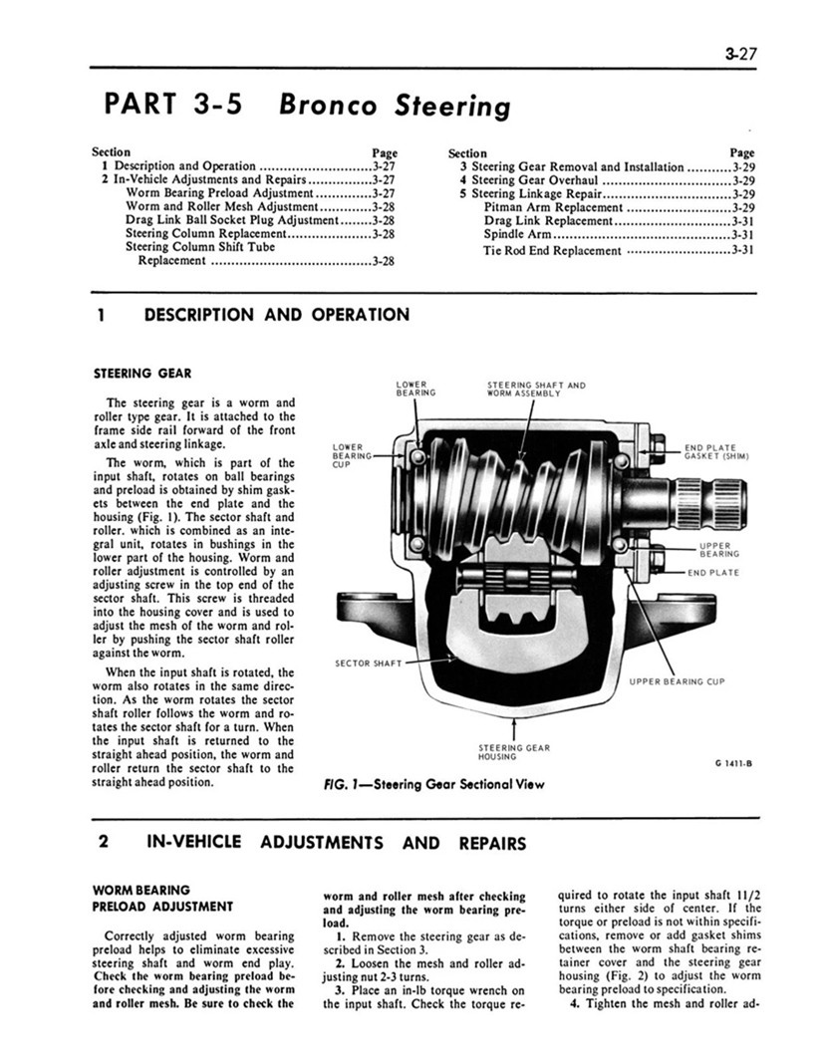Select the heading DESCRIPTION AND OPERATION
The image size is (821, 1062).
[x=276, y=315]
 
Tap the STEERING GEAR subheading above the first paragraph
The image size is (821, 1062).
[x=136, y=374]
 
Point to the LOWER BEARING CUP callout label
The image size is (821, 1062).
[x=351, y=454]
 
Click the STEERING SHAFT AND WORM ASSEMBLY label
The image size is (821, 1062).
[x=535, y=388]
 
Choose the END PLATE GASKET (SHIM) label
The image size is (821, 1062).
[x=715, y=452]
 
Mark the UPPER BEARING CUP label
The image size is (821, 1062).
[x=677, y=681]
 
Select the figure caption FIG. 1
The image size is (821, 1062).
[x=434, y=783]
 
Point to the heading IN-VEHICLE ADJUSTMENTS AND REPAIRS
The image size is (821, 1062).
[x=336, y=843]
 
